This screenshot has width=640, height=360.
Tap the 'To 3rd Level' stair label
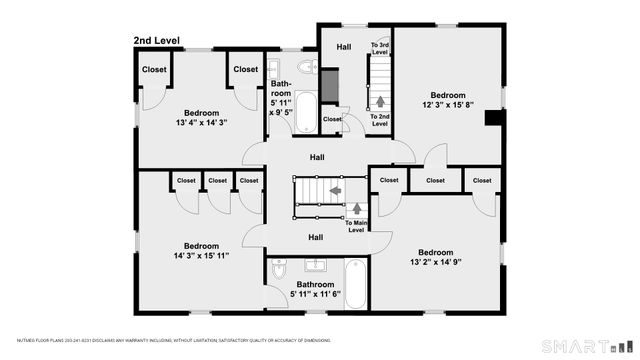(380, 49)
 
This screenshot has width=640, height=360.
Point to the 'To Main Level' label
(357, 226)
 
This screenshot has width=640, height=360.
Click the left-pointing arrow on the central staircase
(335, 188)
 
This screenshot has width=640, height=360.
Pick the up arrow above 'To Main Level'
(357, 209)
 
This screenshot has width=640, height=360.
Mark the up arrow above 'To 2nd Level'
(380, 101)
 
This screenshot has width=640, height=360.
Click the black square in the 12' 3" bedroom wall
(489, 118)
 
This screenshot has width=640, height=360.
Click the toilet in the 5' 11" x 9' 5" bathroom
(309, 68)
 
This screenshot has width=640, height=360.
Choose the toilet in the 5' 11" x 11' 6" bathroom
(280, 271)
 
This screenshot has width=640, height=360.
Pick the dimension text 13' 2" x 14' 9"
(435, 263)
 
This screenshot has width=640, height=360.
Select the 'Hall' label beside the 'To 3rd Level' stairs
(343, 47)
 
